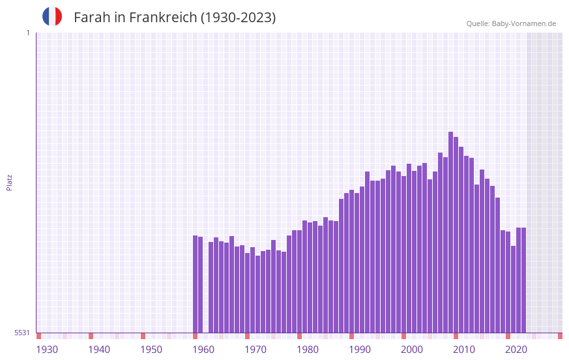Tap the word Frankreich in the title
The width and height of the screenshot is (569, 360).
pyautogui.click(x=162, y=18)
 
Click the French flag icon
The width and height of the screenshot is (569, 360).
pyautogui.click(x=52, y=16)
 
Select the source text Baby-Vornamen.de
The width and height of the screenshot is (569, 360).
pyautogui.click(x=523, y=23)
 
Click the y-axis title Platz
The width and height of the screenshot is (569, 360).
pyautogui.click(x=9, y=182)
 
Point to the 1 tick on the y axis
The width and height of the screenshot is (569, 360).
pyautogui.click(x=27, y=33)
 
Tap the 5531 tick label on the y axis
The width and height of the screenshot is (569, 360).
pyautogui.click(x=22, y=333)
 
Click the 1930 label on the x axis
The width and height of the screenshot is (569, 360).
pyautogui.click(x=47, y=350)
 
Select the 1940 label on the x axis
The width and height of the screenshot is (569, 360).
pyautogui.click(x=99, y=350)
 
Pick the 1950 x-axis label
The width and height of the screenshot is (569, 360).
pyautogui.click(x=151, y=350)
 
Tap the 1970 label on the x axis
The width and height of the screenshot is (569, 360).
pyautogui.click(x=255, y=350)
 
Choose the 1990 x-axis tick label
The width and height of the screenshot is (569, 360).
pyautogui.click(x=360, y=350)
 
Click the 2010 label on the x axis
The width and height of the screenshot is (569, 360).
pyautogui.click(x=464, y=350)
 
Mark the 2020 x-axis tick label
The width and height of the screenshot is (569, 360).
pyautogui.click(x=516, y=350)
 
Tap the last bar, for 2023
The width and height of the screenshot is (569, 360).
pyautogui.click(x=523, y=280)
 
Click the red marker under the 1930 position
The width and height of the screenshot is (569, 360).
pyautogui.click(x=38, y=336)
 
